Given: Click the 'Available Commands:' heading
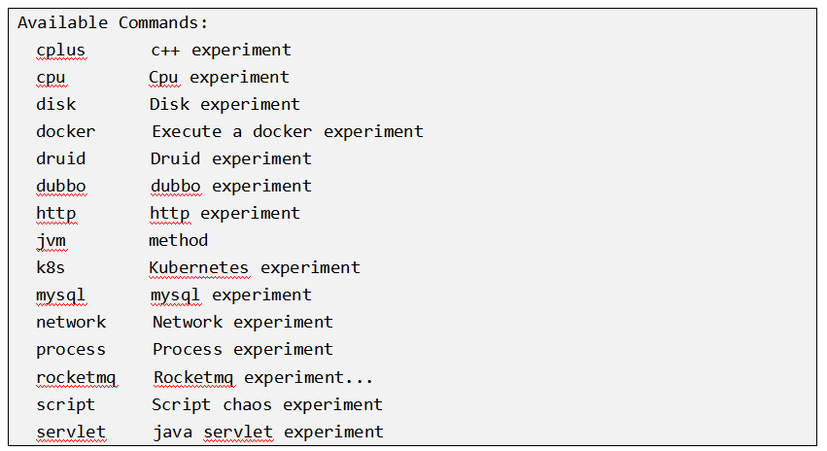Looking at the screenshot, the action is pyautogui.click(x=113, y=22).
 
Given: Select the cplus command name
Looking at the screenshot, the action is pyautogui.click(x=61, y=50).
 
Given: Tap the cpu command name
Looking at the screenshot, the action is pyautogui.click(x=52, y=77).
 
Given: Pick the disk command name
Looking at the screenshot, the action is pyautogui.click(x=56, y=104).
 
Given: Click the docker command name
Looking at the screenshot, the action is pyautogui.click(x=66, y=131).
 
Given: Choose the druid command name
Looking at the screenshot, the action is pyautogui.click(x=61, y=158).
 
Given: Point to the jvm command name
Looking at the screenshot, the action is pyautogui.click(x=52, y=240).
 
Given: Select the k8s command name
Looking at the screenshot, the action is pyautogui.click(x=52, y=267).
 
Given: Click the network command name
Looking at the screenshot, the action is pyautogui.click(x=71, y=322).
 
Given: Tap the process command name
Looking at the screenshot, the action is pyautogui.click(x=71, y=349).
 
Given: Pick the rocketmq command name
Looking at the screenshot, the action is pyautogui.click(x=76, y=377).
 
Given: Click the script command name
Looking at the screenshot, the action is pyautogui.click(x=66, y=404).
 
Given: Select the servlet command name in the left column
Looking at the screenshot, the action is pyautogui.click(x=71, y=432).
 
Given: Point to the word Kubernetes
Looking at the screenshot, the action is pyautogui.click(x=198, y=267).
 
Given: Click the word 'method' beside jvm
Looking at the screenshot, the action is pyautogui.click(x=178, y=240).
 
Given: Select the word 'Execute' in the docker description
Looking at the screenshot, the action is pyautogui.click(x=186, y=131).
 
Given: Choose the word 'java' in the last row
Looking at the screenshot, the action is pyautogui.click(x=173, y=432).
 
